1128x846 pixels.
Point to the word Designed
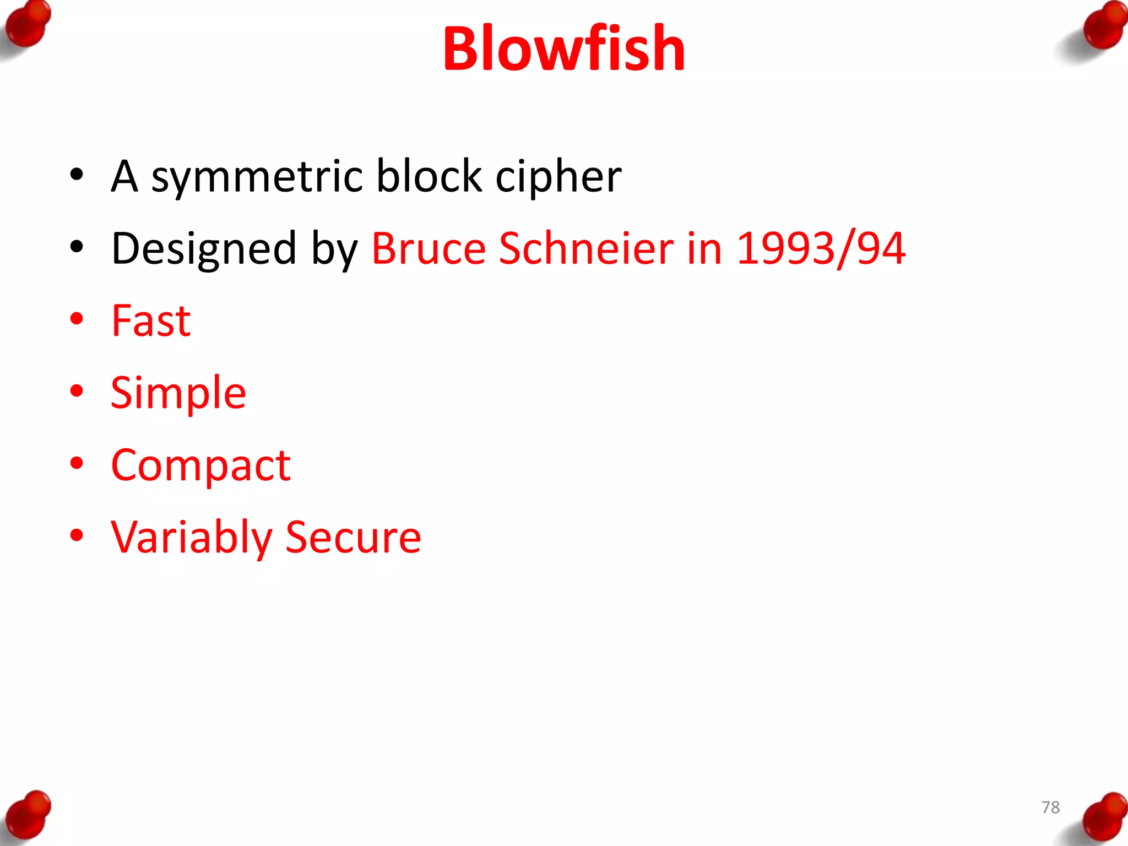point(204,249)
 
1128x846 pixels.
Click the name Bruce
point(429,248)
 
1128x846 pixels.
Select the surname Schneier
point(586,248)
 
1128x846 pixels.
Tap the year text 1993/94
point(821,249)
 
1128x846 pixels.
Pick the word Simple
point(178,393)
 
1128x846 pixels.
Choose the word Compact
point(200,466)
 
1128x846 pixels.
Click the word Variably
point(191,538)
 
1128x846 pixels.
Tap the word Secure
point(353,538)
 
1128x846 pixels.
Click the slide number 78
point(1050,807)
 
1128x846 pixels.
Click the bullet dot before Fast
point(77,319)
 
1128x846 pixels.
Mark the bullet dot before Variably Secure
point(77,535)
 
